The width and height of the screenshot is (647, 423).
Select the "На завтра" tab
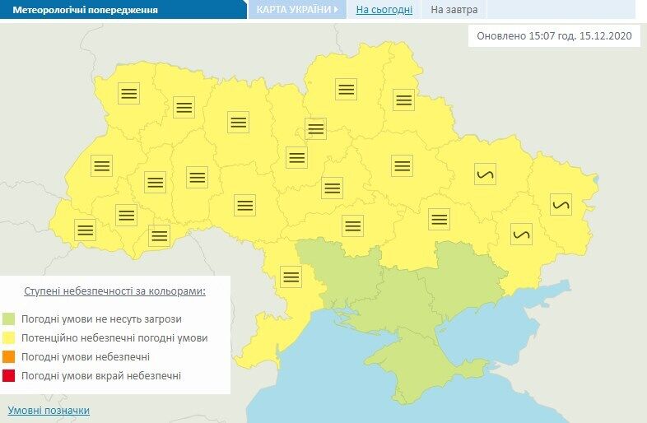pos(454,10)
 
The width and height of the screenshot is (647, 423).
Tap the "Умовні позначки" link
pos(49,410)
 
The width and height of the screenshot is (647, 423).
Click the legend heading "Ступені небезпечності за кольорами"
pos(114,291)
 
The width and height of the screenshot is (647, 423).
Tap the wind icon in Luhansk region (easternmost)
pos(561,204)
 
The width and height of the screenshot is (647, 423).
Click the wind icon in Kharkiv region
pos(486,174)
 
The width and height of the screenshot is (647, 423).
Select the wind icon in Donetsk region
pos(521,234)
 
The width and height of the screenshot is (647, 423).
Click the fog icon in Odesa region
pos(291,276)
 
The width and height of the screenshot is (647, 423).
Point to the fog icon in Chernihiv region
pos(346,88)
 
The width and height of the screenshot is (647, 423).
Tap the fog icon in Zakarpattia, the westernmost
pos(85,230)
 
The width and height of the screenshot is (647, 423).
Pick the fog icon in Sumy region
pos(403,100)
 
